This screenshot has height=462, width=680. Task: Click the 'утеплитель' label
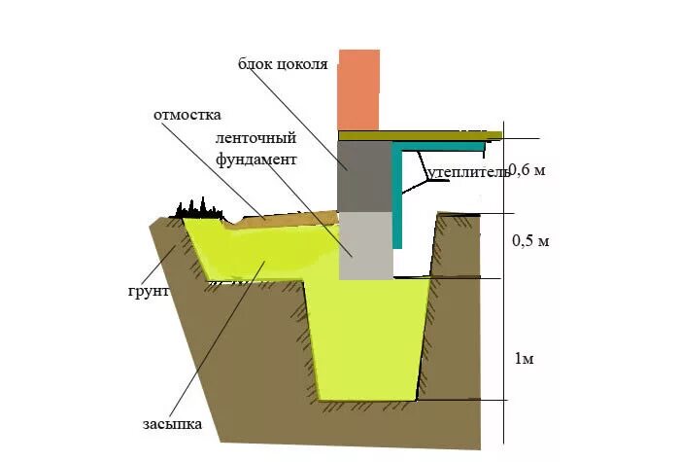coord(466,172)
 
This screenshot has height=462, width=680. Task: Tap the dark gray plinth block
coord(362,174)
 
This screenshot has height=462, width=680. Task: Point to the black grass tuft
coord(198,207)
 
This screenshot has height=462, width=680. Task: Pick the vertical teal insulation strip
coord(399,195)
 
